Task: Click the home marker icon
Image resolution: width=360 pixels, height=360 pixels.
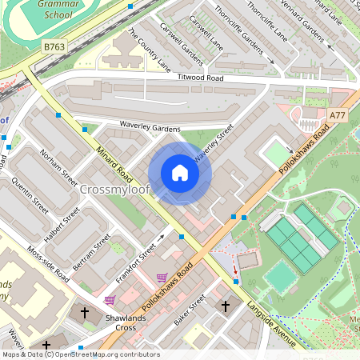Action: tap(180, 173)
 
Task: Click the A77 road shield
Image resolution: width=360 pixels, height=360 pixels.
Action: tap(338, 116)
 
